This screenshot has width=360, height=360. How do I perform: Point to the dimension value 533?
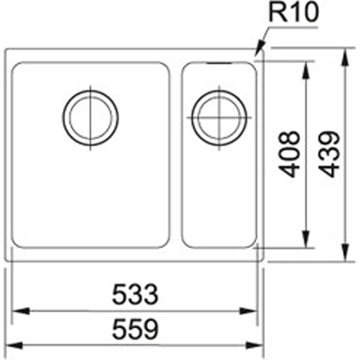(135, 294)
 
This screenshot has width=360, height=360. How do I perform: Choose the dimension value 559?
(135, 330)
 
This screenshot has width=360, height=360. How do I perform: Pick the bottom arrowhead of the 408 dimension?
(305, 239)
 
